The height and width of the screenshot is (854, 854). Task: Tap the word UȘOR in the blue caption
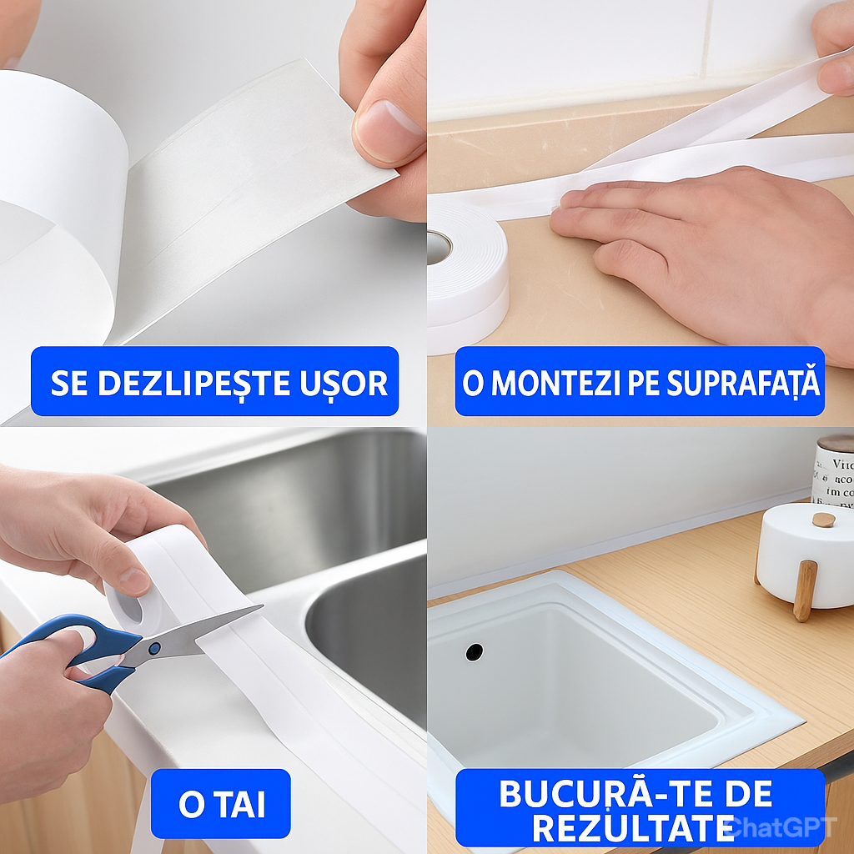[343, 383]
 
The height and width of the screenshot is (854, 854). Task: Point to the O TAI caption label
[221, 804]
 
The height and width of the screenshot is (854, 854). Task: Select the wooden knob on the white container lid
[824, 520]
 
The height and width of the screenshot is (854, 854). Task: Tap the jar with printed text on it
[832, 471]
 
